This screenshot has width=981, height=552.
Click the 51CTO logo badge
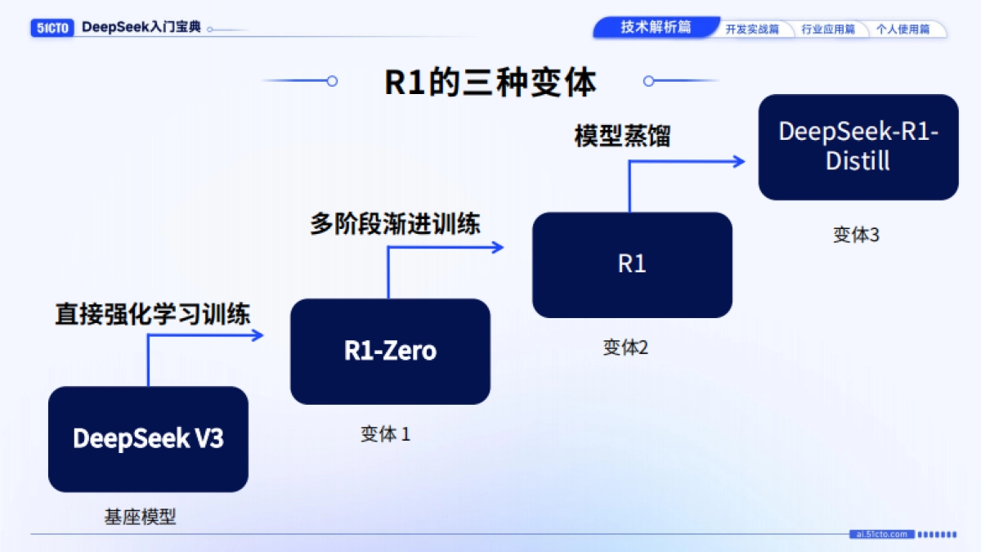[x=53, y=28]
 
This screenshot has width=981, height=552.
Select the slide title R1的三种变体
[x=490, y=82]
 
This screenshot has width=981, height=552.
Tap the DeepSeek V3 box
[x=148, y=439]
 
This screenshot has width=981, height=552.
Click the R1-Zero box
[x=390, y=351]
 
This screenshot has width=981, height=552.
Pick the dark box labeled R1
[x=632, y=264]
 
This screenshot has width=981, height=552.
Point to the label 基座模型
[x=140, y=517]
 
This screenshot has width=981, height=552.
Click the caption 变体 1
[x=385, y=434]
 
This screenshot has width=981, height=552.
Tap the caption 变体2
[x=625, y=348]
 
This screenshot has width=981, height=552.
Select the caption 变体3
[x=856, y=235]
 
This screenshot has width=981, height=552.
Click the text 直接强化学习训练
[x=153, y=314]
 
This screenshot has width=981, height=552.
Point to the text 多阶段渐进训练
[x=395, y=224]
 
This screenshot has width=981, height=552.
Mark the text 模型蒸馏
[x=622, y=136]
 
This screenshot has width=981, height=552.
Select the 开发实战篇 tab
[x=752, y=29]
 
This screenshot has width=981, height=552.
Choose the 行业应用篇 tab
[x=827, y=29]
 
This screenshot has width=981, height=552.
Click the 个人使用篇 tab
[x=903, y=29]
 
